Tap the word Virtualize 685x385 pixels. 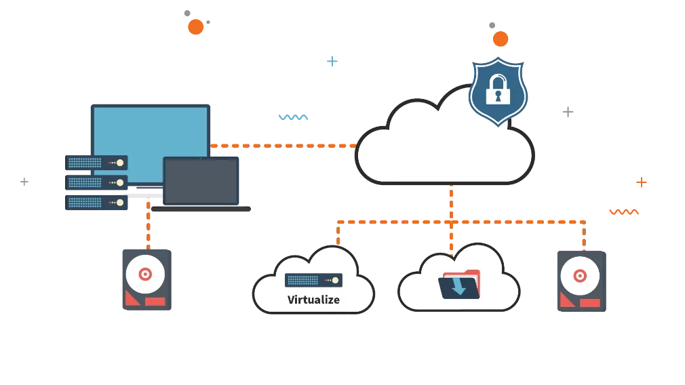313,299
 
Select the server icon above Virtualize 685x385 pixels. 313,280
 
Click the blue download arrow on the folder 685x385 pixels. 460,285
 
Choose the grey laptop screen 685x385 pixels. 203,182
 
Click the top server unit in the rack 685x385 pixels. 97,163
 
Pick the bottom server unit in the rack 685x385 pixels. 97,202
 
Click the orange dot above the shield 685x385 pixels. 501,39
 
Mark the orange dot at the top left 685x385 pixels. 196,27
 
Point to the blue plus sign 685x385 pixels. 333,62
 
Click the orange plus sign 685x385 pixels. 642,182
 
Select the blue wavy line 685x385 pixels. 293,119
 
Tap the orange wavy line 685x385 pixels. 624,212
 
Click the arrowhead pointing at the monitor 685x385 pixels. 214,145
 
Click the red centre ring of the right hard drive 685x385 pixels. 579,276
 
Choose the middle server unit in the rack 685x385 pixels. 97,182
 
